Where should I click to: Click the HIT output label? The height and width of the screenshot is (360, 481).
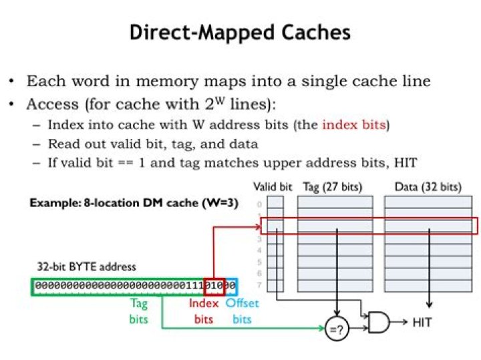click(422, 323)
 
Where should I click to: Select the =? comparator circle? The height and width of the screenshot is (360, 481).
click(337, 329)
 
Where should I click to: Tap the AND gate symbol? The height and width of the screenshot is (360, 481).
click(378, 323)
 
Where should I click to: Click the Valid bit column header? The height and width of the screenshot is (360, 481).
click(273, 187)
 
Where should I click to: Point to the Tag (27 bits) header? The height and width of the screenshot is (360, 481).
click(333, 187)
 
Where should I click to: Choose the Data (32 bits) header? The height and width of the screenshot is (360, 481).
click(423, 187)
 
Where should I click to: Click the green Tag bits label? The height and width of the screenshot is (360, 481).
click(139, 311)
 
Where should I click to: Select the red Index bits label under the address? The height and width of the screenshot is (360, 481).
click(203, 311)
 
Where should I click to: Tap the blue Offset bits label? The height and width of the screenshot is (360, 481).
click(241, 311)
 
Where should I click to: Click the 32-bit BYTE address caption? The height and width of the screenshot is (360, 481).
click(84, 266)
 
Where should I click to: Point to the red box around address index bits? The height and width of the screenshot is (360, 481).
click(214, 285)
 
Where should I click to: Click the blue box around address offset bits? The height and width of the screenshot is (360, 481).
click(230, 285)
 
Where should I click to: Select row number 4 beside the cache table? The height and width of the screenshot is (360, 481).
click(259, 250)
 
